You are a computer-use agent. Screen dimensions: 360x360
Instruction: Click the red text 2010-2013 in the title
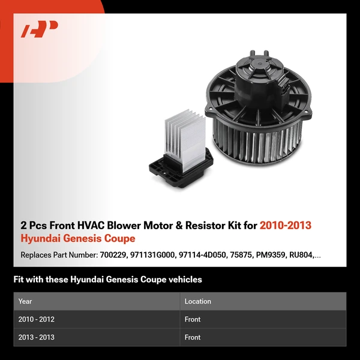coord(286,226)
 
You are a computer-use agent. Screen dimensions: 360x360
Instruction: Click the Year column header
coord(25,301)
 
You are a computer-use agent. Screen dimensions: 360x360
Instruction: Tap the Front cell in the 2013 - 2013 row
coord(193,337)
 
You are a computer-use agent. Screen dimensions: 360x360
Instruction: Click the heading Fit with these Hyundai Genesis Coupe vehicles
coord(107,280)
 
